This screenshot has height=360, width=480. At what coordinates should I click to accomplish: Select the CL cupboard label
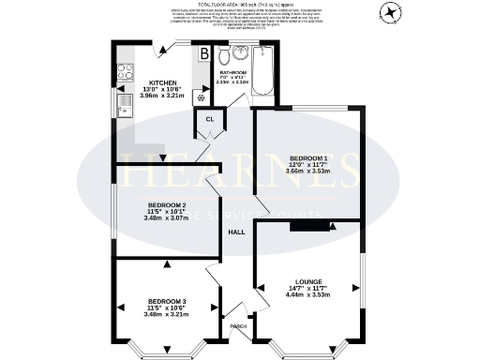point(211,119)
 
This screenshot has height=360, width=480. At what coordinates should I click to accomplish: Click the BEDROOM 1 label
point(308,157)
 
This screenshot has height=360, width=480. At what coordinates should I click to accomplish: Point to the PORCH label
point(239,327)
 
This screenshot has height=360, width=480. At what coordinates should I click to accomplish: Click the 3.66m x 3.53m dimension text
point(308,172)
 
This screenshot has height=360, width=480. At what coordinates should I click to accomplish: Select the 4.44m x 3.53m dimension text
point(308,294)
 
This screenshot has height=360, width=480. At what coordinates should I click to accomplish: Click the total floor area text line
point(239,6)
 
